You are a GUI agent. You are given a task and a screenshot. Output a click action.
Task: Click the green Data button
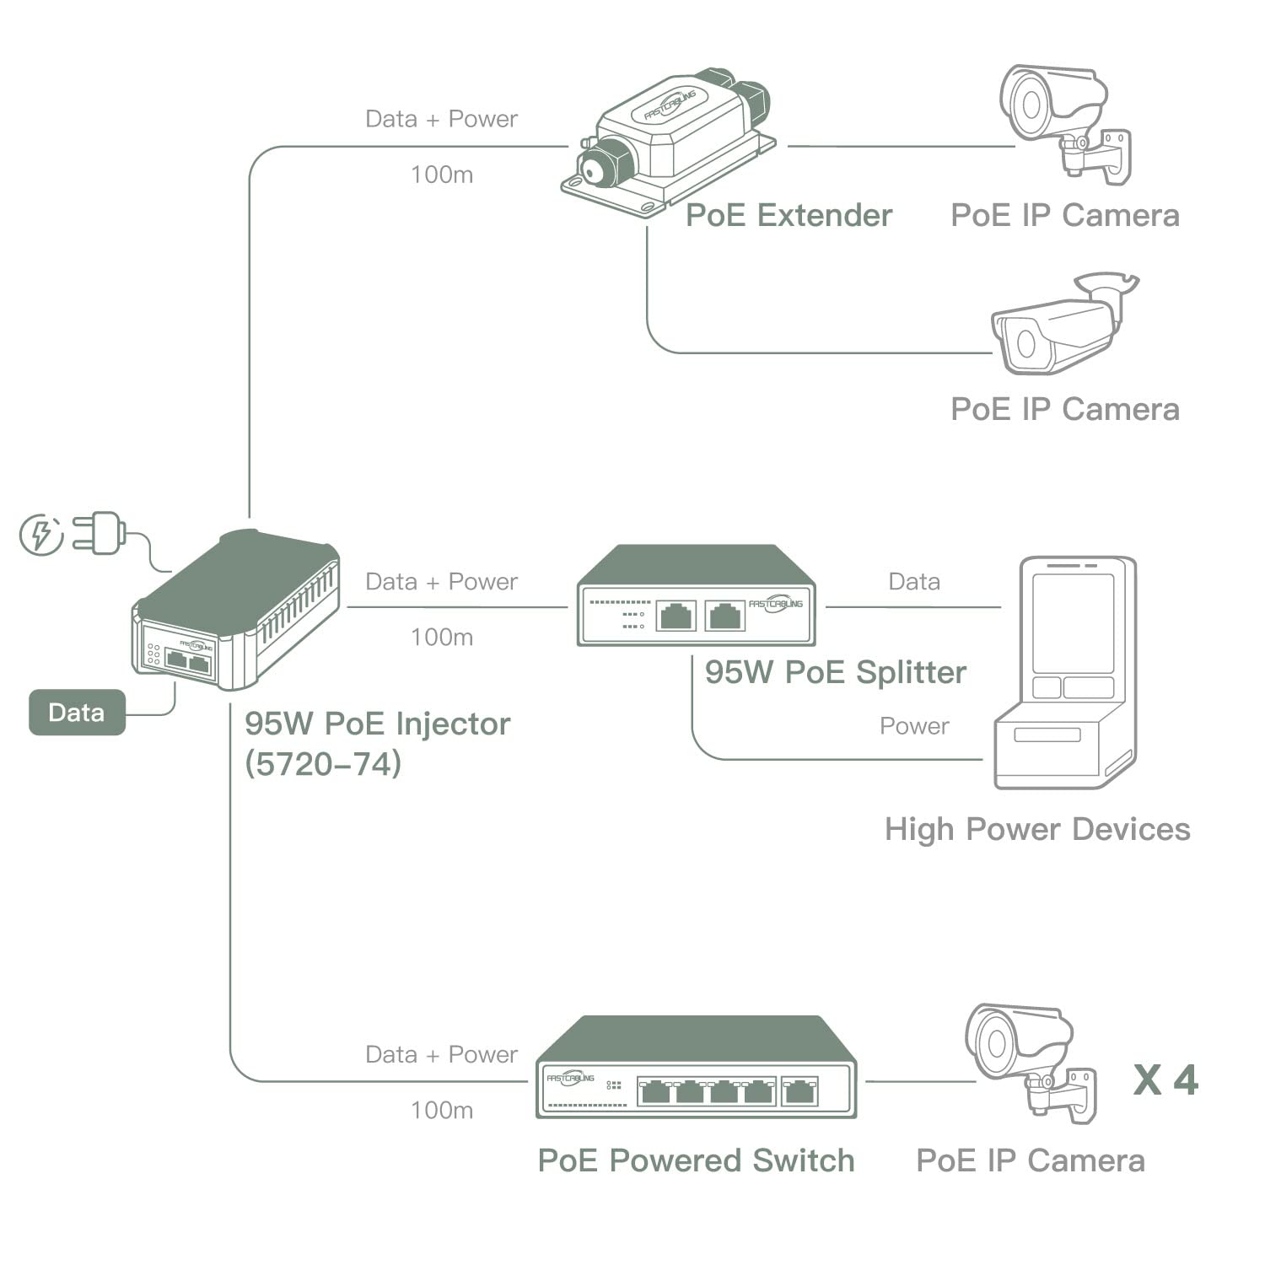coord(77,713)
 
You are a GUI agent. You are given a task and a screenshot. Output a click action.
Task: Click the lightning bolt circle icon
coord(41,535)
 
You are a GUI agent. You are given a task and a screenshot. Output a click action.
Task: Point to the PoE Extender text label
coord(789,216)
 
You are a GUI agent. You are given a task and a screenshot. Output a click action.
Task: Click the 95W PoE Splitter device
coord(696,597)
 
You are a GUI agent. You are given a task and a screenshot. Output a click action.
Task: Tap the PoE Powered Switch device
coord(696,1069)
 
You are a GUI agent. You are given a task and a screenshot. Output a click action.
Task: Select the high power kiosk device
coord(1066,672)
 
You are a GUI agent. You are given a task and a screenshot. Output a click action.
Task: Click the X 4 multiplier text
coord(1165,1080)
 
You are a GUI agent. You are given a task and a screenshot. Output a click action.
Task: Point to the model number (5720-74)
coord(323,764)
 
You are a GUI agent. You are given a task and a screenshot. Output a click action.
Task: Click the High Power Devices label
coord(1037,830)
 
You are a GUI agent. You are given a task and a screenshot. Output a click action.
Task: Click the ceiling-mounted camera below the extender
coord(1063,326)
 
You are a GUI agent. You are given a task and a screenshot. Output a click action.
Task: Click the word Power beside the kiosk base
coord(914,726)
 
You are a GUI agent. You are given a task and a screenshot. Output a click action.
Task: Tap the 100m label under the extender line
coord(442,175)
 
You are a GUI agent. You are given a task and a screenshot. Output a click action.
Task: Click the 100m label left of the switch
coord(442,1110)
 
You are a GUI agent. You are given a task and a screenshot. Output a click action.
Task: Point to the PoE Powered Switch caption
coord(696,1161)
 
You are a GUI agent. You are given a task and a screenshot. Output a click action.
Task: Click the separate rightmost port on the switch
coord(799,1091)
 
